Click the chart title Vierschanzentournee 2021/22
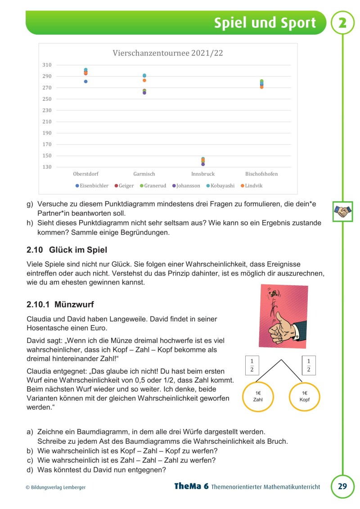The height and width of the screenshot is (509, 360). (167, 53)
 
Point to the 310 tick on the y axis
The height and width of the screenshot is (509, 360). (47, 65)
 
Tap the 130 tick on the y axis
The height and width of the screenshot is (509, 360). (47, 167)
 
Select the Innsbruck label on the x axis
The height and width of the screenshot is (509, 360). (203, 174)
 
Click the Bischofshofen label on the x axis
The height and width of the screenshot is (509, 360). (261, 174)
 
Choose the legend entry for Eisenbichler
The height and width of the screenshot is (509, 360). (92, 185)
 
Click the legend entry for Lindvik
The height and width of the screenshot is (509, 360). (252, 185)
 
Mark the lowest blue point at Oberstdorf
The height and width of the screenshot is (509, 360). (85, 81)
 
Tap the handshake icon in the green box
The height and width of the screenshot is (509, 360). (342, 211)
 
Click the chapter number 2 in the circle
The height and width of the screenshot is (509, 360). (342, 23)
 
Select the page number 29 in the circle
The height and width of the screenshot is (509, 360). (342, 486)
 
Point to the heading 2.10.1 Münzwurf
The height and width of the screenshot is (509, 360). (60, 305)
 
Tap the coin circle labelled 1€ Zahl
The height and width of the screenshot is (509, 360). (258, 396)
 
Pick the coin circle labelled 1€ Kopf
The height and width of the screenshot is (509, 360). (305, 396)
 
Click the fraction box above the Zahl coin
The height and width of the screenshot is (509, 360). (252, 365)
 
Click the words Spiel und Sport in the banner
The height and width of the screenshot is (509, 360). (265, 23)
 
